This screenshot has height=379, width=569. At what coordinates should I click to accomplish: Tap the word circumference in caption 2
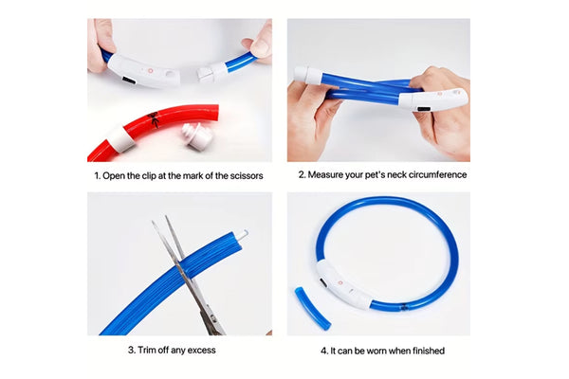pos(437,174)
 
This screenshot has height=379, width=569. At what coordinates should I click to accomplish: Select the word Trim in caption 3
pos(146,350)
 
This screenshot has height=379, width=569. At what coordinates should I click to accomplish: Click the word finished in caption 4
pos(427,351)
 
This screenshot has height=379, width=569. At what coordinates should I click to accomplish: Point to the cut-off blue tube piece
pos(312,308)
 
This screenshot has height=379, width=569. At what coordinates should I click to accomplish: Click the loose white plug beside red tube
pos(197,135)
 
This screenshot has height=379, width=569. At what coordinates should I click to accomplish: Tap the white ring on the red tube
pos(122,139)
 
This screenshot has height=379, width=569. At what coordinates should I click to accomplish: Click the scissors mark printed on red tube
pos(154,119)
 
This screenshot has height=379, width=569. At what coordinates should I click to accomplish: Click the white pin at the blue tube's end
pos(243,235)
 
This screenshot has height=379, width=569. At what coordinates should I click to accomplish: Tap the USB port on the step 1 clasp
pos(128,81)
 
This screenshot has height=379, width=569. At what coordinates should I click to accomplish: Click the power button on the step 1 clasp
pos(150,71)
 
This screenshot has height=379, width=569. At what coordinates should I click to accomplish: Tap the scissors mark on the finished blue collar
pos(404,308)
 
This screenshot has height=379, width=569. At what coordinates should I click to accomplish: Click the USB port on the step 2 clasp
pos(423,109)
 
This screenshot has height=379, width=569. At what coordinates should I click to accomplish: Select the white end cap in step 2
pos(307,75)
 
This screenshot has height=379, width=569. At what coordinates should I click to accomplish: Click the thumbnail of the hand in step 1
pos(260,47)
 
